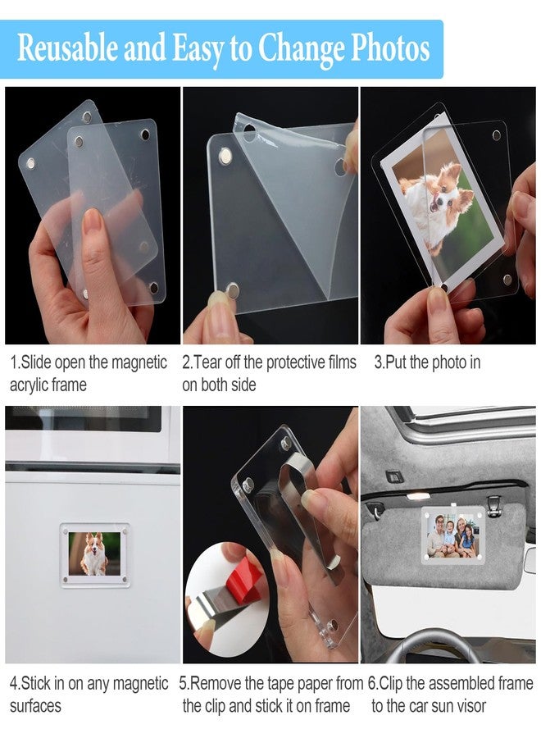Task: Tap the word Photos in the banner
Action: tap(390, 48)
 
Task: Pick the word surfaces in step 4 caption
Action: tap(35, 706)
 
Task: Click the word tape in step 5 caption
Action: tap(280, 683)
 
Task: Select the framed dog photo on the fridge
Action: tap(95, 555)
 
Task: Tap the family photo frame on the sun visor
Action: tap(453, 535)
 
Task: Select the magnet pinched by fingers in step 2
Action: tap(231, 289)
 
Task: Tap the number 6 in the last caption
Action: tap(371, 683)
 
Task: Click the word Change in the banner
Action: tap(301, 48)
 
